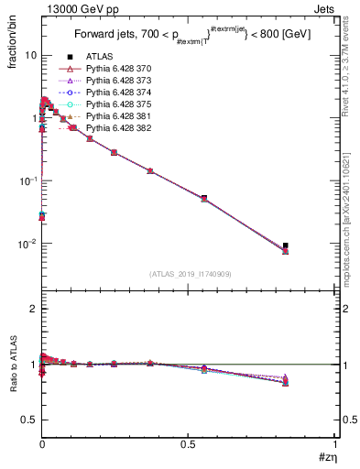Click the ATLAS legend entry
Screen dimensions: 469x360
[x=100, y=57]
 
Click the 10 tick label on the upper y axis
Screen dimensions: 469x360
[x=30, y=55]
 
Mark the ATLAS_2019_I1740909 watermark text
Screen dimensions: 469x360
[x=189, y=274]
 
